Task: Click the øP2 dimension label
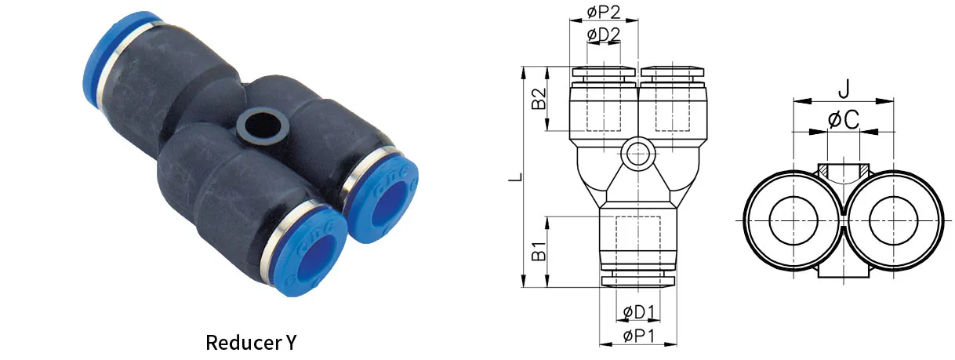[603, 12]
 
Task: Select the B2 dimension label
[539, 99]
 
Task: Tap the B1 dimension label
[539, 253]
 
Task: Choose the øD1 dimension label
[639, 312]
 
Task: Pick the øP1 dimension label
[639, 336]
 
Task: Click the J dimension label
[843, 87]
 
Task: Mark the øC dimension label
[843, 120]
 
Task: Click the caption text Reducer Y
[252, 343]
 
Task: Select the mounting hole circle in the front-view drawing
[637, 154]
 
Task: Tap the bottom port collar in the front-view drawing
[638, 278]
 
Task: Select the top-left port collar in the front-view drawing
[604, 73]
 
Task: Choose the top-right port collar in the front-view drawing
[672, 73]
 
